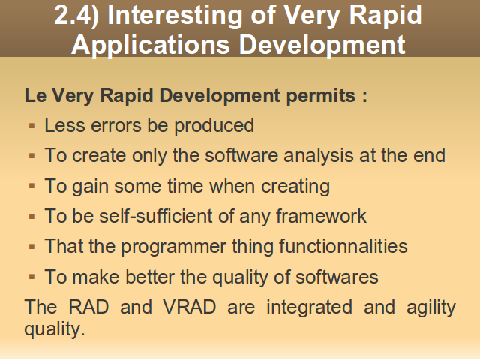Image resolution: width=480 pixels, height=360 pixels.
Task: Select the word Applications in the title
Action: pos(151,46)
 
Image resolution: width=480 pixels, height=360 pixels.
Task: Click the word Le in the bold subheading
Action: pos(35,95)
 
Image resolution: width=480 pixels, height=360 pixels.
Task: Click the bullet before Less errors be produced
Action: pos(31,126)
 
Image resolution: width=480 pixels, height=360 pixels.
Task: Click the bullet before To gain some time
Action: pos(31,186)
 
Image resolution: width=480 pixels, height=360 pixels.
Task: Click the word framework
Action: pos(321,216)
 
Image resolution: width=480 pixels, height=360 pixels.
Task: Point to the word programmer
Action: pos(173,247)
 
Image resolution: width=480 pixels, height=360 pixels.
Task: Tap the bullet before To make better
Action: pos(31,277)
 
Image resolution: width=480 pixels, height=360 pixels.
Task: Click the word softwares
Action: pos(337,277)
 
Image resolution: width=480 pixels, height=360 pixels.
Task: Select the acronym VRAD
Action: pos(190,307)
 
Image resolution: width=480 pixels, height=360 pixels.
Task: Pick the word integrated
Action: pos(309,307)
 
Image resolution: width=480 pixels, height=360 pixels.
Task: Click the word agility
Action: pos(431,307)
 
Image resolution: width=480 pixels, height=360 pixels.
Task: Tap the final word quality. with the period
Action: pos(55,329)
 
